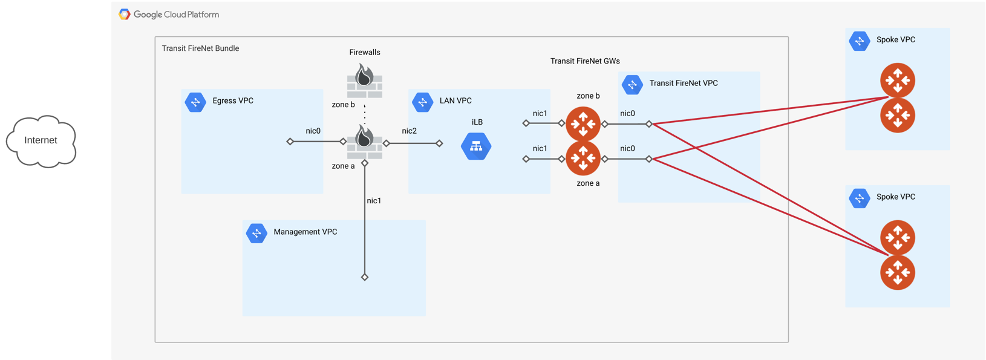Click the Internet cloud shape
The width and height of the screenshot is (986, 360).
[41, 141]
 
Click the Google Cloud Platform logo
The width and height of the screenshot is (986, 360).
[125, 14]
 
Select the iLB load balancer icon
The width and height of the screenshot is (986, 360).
[476, 146]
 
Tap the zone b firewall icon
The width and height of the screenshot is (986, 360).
[365, 80]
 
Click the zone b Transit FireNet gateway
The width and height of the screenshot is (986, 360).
[583, 123]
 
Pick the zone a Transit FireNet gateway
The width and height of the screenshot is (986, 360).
[583, 159]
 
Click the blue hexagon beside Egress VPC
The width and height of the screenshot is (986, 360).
[195, 102]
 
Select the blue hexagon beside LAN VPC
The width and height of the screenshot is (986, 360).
[422, 102]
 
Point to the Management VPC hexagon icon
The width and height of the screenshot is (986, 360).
[256, 233]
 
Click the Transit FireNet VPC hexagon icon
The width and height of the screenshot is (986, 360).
[632, 85]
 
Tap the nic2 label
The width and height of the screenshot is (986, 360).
[409, 131]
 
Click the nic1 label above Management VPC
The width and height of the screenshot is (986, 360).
[374, 201]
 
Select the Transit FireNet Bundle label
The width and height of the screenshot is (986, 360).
[200, 48]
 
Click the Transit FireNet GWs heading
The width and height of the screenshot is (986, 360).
[585, 61]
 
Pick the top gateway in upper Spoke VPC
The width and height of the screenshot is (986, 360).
[897, 80]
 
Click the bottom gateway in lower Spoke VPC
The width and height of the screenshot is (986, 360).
[897, 273]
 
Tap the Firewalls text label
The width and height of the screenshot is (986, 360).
[365, 53]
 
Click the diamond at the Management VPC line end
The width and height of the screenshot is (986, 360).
[365, 277]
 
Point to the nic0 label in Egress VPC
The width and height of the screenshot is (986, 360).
[313, 131]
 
